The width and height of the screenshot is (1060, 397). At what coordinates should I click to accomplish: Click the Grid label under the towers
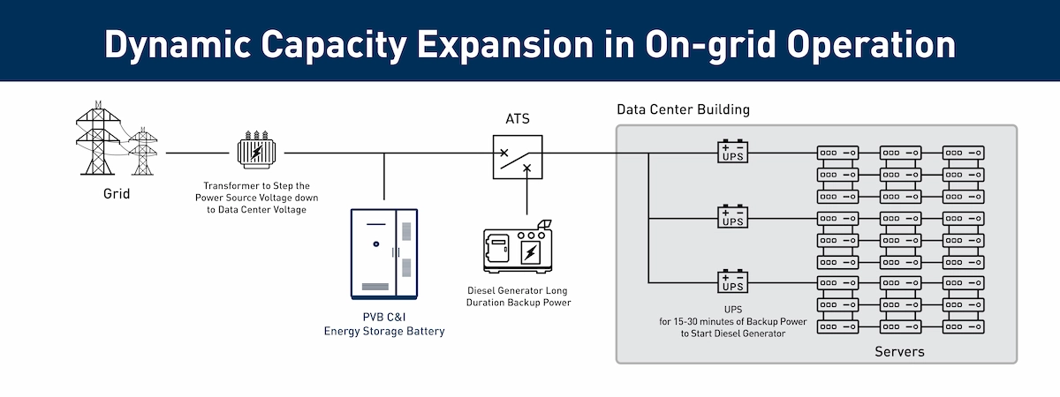pos(116,193)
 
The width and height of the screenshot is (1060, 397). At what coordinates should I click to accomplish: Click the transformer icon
pos(256,150)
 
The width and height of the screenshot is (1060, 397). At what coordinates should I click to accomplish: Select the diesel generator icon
pos(516,251)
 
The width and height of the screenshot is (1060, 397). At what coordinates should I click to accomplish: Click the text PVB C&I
pos(383,318)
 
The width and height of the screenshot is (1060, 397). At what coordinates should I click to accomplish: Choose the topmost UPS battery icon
pos(732,152)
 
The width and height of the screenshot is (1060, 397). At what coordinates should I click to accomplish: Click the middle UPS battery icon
pos(732,217)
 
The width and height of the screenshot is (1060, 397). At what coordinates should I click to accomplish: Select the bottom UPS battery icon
pos(732,282)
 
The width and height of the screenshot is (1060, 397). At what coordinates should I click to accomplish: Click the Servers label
pos(899,352)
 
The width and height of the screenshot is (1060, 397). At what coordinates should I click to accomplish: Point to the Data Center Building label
pos(683,110)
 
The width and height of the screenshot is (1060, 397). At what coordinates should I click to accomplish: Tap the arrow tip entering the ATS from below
pos(527,168)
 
